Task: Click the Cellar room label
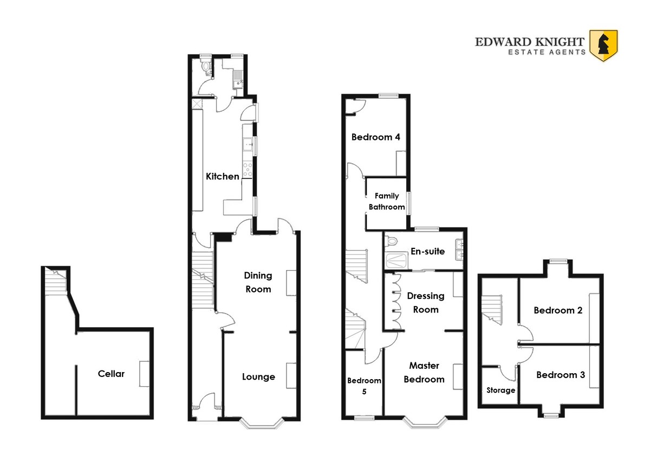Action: pyautogui.click(x=111, y=374)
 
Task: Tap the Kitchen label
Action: pyautogui.click(x=223, y=176)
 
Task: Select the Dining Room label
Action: pyautogui.click(x=258, y=282)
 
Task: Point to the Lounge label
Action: pyautogui.click(x=258, y=377)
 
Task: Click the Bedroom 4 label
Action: pyautogui.click(x=376, y=137)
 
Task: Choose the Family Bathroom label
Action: pyautogui.click(x=387, y=201)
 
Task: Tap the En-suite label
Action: pyautogui.click(x=428, y=251)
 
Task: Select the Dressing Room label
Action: pyautogui.click(x=426, y=303)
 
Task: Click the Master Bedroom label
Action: pyautogui.click(x=424, y=373)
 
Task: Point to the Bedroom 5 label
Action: pyautogui.click(x=364, y=386)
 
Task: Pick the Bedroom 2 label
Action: pyautogui.click(x=558, y=310)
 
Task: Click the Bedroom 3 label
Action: pyautogui.click(x=561, y=375)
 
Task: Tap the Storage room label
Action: pyautogui.click(x=501, y=390)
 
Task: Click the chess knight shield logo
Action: pyautogui.click(x=603, y=46)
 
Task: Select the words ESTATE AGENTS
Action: pyautogui.click(x=547, y=52)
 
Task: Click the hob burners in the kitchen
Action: pyautogui.click(x=248, y=170)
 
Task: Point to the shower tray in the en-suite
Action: pyautogui.click(x=396, y=261)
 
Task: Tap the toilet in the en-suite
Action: pyautogui.click(x=391, y=241)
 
